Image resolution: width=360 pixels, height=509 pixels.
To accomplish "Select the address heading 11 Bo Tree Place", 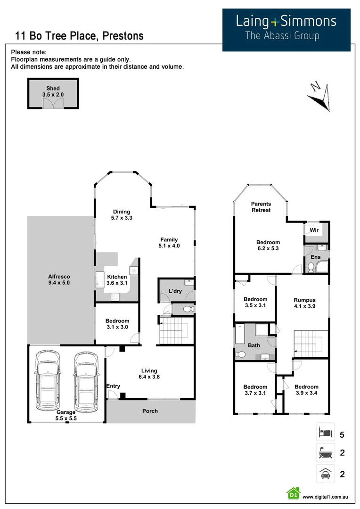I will click(x=79, y=36).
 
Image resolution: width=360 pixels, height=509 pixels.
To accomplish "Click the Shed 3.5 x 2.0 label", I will click(x=53, y=91).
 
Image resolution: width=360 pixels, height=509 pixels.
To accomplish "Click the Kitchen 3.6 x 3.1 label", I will click(x=116, y=280).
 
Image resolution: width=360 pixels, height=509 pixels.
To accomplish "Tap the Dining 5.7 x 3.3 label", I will click(x=121, y=215).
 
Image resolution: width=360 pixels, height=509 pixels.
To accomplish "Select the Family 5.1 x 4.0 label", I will click(x=169, y=243).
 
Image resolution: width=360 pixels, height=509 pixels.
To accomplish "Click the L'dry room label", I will click(x=175, y=292).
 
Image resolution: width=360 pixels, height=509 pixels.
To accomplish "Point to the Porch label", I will click(x=150, y=411).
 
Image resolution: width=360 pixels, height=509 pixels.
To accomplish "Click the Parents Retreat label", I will click(x=261, y=207).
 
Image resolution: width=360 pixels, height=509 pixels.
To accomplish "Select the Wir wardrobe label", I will click(x=313, y=230).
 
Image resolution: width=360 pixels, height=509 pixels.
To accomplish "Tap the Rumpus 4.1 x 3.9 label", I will click(x=304, y=303).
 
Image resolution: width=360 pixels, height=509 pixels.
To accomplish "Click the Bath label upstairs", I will click(x=254, y=345).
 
